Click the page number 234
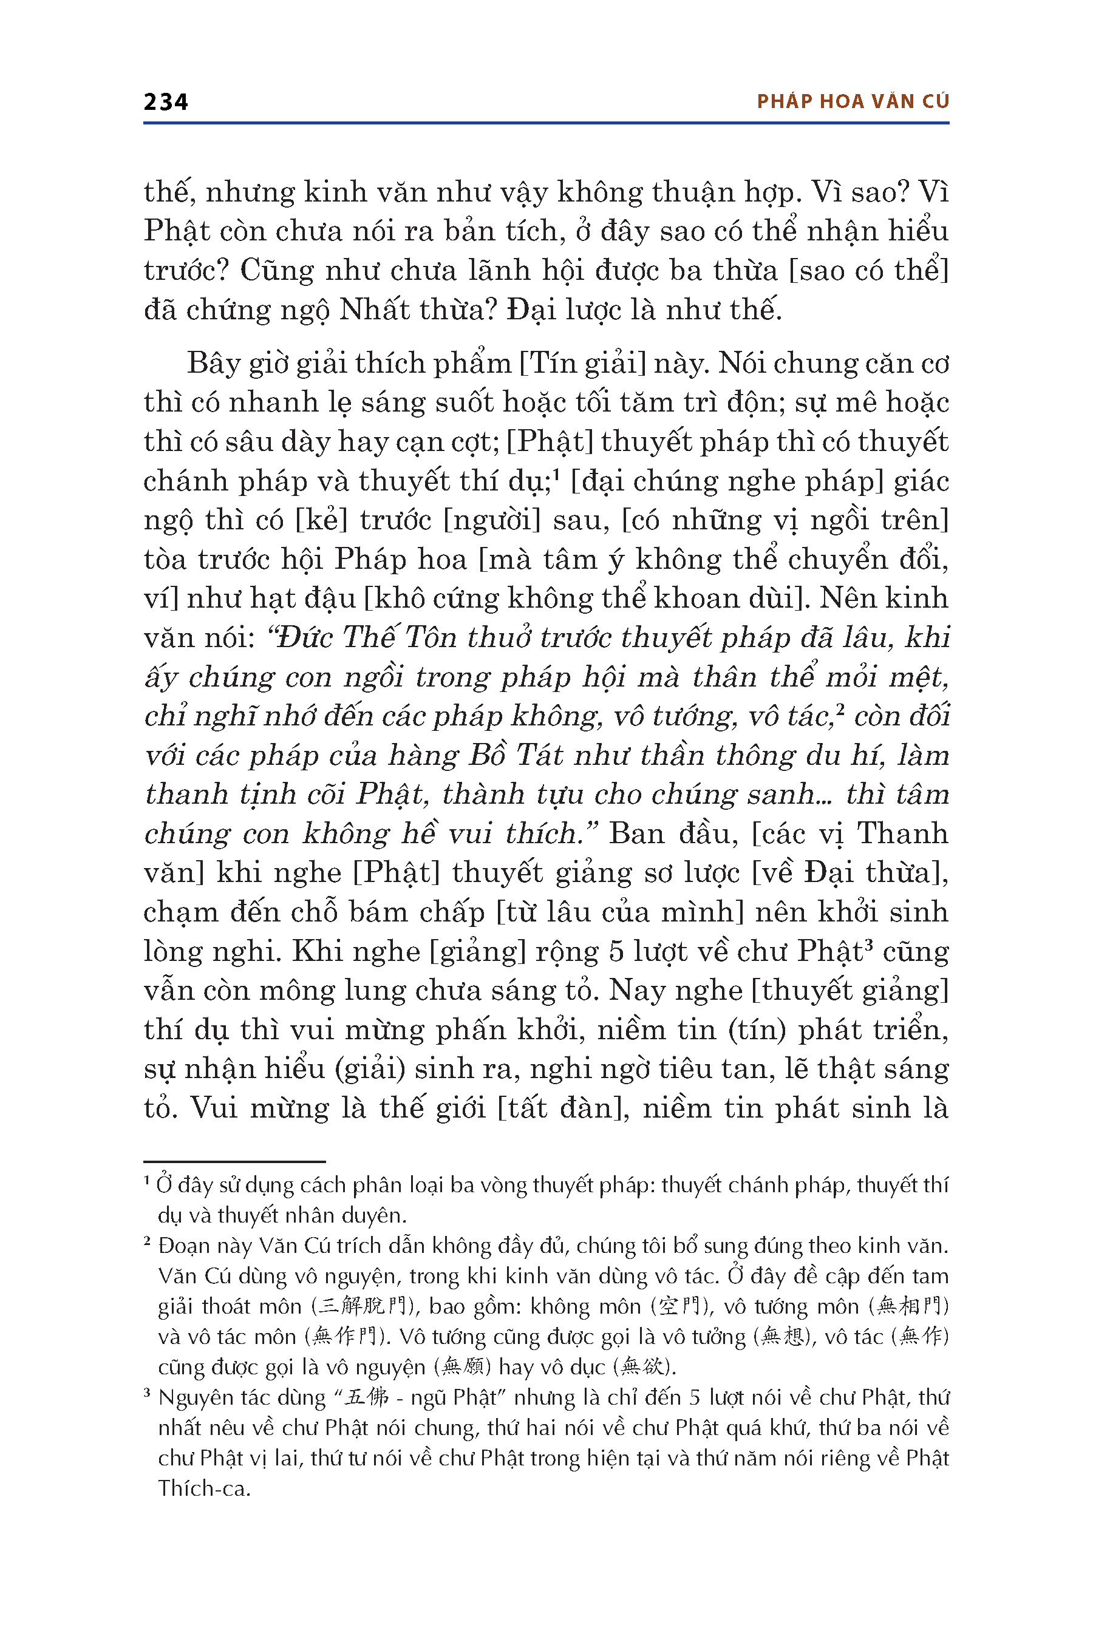(165, 103)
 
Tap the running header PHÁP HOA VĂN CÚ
(853, 102)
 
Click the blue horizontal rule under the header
(546, 123)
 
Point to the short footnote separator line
(234, 1162)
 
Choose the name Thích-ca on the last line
(203, 1488)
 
